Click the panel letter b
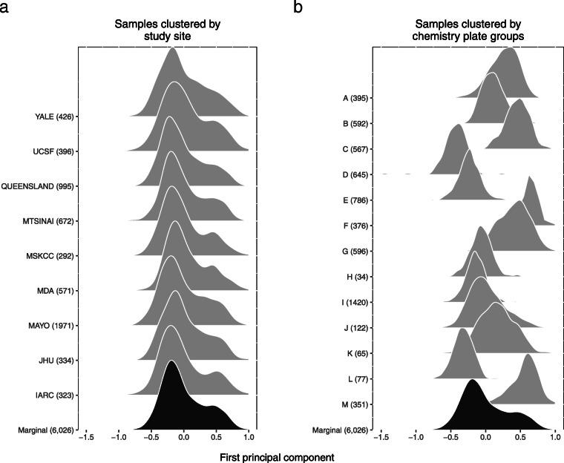(x=298, y=8)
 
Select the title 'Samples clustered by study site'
(x=168, y=30)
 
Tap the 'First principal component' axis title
(x=277, y=458)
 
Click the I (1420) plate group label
(x=353, y=303)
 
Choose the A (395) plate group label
(x=353, y=98)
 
